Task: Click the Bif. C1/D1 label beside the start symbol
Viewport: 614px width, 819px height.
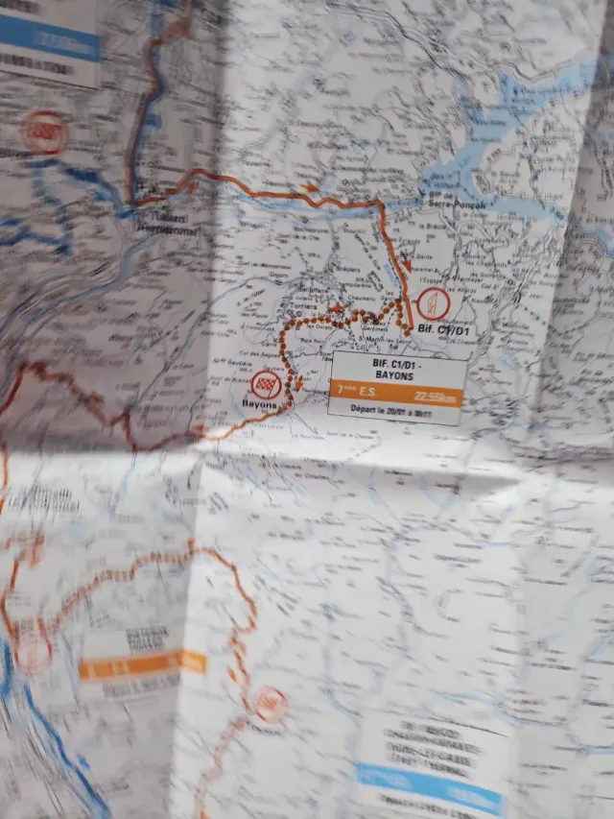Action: (x=446, y=331)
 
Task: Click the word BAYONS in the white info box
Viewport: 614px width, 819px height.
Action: (x=395, y=374)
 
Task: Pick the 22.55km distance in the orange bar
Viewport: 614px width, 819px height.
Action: (x=435, y=396)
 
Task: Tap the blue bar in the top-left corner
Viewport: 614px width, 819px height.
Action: (x=53, y=38)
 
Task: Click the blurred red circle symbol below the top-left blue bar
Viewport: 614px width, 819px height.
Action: (x=45, y=130)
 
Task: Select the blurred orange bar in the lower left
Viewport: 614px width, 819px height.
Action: (x=142, y=663)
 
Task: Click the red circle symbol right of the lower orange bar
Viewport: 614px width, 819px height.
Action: (x=271, y=705)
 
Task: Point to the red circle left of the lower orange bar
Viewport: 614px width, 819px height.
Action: (x=34, y=651)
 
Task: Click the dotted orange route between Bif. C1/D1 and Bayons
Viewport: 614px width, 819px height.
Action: (x=336, y=315)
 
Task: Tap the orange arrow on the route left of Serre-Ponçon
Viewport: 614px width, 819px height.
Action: (x=309, y=186)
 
